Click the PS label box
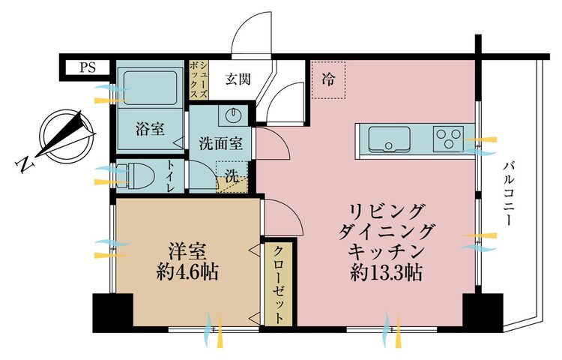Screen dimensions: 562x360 coord(87,67)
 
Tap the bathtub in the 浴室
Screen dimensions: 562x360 coord(150,87)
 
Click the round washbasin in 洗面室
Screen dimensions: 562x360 coord(233,115)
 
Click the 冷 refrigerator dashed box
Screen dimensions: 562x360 coord(328,79)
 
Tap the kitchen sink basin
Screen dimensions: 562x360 coord(389,139)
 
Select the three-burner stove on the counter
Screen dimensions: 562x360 coord(448,139)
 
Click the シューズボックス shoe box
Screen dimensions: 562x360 coord(199,79)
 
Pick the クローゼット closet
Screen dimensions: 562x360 coord(280,284)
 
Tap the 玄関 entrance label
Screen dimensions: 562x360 coord(238,79)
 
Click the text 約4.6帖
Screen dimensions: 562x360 coord(187,272)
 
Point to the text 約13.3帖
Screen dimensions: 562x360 coord(386,273)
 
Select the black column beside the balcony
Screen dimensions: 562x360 coord(483,311)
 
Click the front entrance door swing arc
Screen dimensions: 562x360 coord(251,32)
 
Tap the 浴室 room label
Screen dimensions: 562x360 coord(150,129)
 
